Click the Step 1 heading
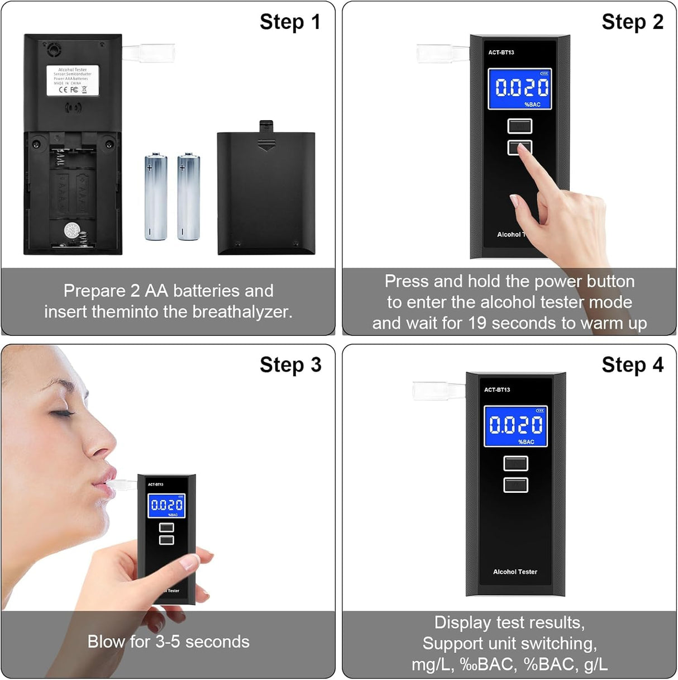tap(290, 22)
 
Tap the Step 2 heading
tap(632, 22)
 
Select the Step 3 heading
tap(290, 365)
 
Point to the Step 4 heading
tap(632, 365)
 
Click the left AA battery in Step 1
tap(156, 197)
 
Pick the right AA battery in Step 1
tap(188, 197)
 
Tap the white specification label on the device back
tap(73, 80)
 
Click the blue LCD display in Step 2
tap(519, 88)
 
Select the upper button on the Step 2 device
tap(519, 126)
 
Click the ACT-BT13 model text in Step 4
tap(497, 390)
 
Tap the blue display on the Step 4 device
tap(515, 426)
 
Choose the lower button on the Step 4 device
tap(515, 484)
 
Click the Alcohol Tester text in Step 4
tap(515, 572)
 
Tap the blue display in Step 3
tap(166, 506)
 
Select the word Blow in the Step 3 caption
tap(106, 641)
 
